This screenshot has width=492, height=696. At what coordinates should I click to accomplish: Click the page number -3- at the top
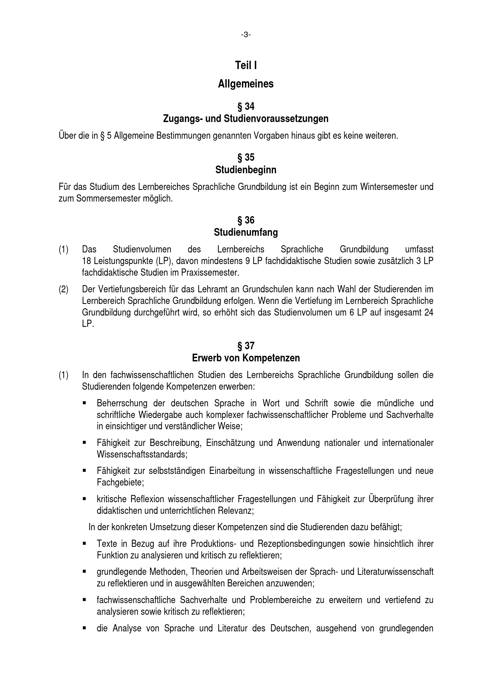246,35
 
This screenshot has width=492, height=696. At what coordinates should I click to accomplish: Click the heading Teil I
246,65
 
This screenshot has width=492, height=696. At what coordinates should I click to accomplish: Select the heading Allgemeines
246,84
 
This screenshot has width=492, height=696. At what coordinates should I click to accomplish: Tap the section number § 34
246,106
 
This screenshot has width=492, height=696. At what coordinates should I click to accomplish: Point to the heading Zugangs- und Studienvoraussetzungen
246,118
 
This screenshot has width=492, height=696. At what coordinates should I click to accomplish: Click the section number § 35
246,157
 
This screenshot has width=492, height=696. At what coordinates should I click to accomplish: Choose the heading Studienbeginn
246,170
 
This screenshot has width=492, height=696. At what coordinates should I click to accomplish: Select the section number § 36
246,220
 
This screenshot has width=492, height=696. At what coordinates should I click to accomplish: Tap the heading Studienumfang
246,232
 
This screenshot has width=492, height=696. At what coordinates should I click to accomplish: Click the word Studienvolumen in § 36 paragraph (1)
142,249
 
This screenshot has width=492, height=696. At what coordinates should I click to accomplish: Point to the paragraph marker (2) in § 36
63,289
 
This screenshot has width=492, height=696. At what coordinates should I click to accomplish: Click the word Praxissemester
210,272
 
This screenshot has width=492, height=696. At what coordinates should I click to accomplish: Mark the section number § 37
246,346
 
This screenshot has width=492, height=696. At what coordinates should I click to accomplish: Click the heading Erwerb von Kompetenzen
246,358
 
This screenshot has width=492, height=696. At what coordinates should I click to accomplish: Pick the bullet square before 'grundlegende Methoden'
84,572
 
